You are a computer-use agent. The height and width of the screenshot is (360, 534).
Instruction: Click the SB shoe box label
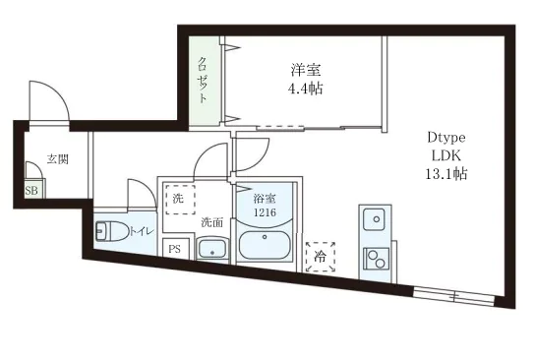[x=31, y=191]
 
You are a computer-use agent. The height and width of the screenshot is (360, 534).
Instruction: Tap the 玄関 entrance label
[x=58, y=159]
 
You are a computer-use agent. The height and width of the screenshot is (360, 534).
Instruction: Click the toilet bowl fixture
[x=112, y=231]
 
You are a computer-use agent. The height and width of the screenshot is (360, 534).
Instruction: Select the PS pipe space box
[x=175, y=249]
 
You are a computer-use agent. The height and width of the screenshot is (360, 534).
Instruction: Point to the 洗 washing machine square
[x=181, y=200]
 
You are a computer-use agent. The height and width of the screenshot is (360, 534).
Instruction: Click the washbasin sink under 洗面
[x=211, y=249]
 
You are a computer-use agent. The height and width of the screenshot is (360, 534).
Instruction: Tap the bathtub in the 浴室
[x=265, y=245]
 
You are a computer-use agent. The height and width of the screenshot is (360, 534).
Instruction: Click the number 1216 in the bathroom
[x=265, y=212]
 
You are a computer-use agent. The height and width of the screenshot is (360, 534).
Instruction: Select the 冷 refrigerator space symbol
[x=321, y=257]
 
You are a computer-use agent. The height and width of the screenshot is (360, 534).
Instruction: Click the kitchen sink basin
[x=375, y=219]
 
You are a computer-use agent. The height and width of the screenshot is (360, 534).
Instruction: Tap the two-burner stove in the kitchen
[x=376, y=259]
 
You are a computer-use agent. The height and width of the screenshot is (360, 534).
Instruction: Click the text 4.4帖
[x=306, y=89]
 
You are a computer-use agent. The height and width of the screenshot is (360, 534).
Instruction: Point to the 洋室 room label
[x=306, y=70]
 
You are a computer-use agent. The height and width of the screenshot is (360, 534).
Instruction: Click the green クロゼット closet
[x=204, y=82]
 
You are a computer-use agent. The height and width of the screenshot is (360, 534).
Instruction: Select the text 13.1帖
[x=446, y=174]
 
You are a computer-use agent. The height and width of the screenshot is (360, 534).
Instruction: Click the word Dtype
[x=446, y=138]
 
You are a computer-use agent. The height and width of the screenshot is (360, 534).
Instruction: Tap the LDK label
[x=446, y=155]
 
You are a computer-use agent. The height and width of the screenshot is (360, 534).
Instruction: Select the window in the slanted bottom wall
[x=453, y=296]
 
